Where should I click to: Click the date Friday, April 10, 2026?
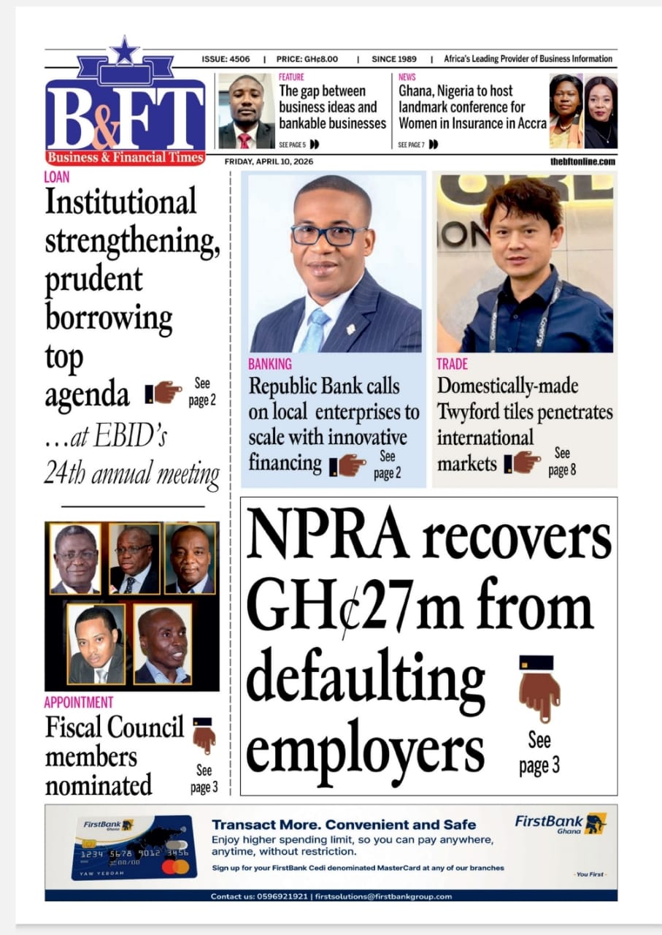[269, 161]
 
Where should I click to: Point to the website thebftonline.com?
[582, 161]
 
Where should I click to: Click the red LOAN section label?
[57, 177]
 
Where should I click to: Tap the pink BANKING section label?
[270, 364]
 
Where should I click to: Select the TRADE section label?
[453, 364]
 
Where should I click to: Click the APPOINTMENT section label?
[79, 702]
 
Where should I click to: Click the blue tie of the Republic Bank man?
[315, 328]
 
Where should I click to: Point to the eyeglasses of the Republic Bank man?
[328, 234]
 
